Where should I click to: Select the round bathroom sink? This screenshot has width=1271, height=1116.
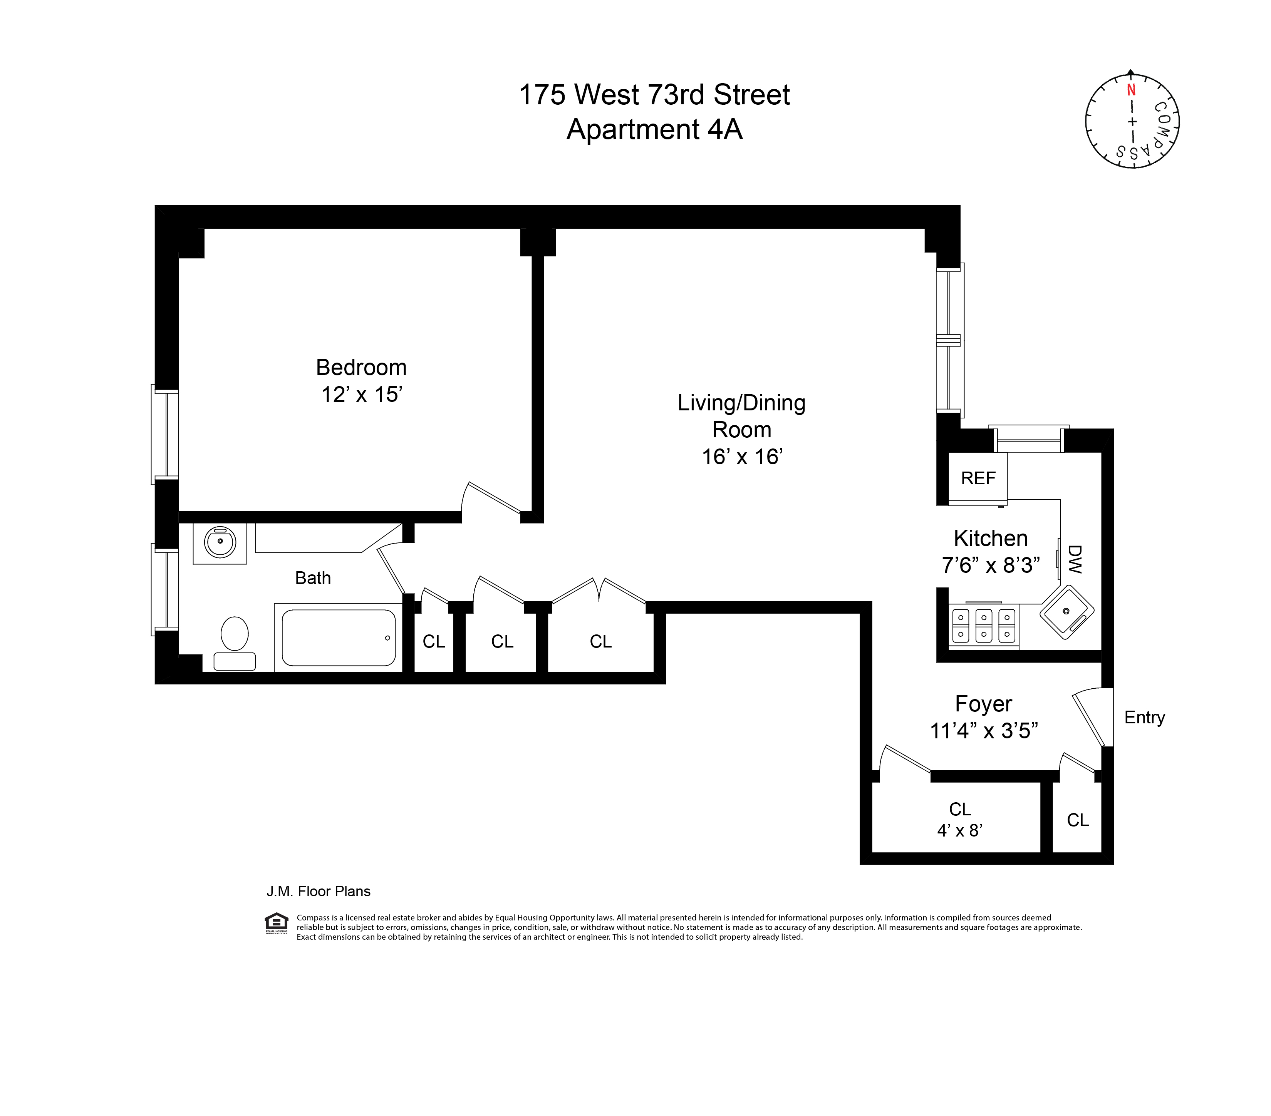[220, 542]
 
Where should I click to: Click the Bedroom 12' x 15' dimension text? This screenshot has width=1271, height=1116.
[361, 395]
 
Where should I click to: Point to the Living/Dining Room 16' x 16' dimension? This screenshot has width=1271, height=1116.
[742, 457]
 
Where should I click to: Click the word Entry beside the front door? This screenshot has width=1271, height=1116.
[1144, 717]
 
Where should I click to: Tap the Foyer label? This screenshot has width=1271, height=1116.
[983, 703]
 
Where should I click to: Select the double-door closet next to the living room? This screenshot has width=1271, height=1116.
[600, 641]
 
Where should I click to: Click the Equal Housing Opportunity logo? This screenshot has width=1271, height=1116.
[276, 923]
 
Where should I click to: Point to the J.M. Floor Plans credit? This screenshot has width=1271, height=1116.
[319, 891]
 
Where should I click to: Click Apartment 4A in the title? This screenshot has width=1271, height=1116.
[654, 129]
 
